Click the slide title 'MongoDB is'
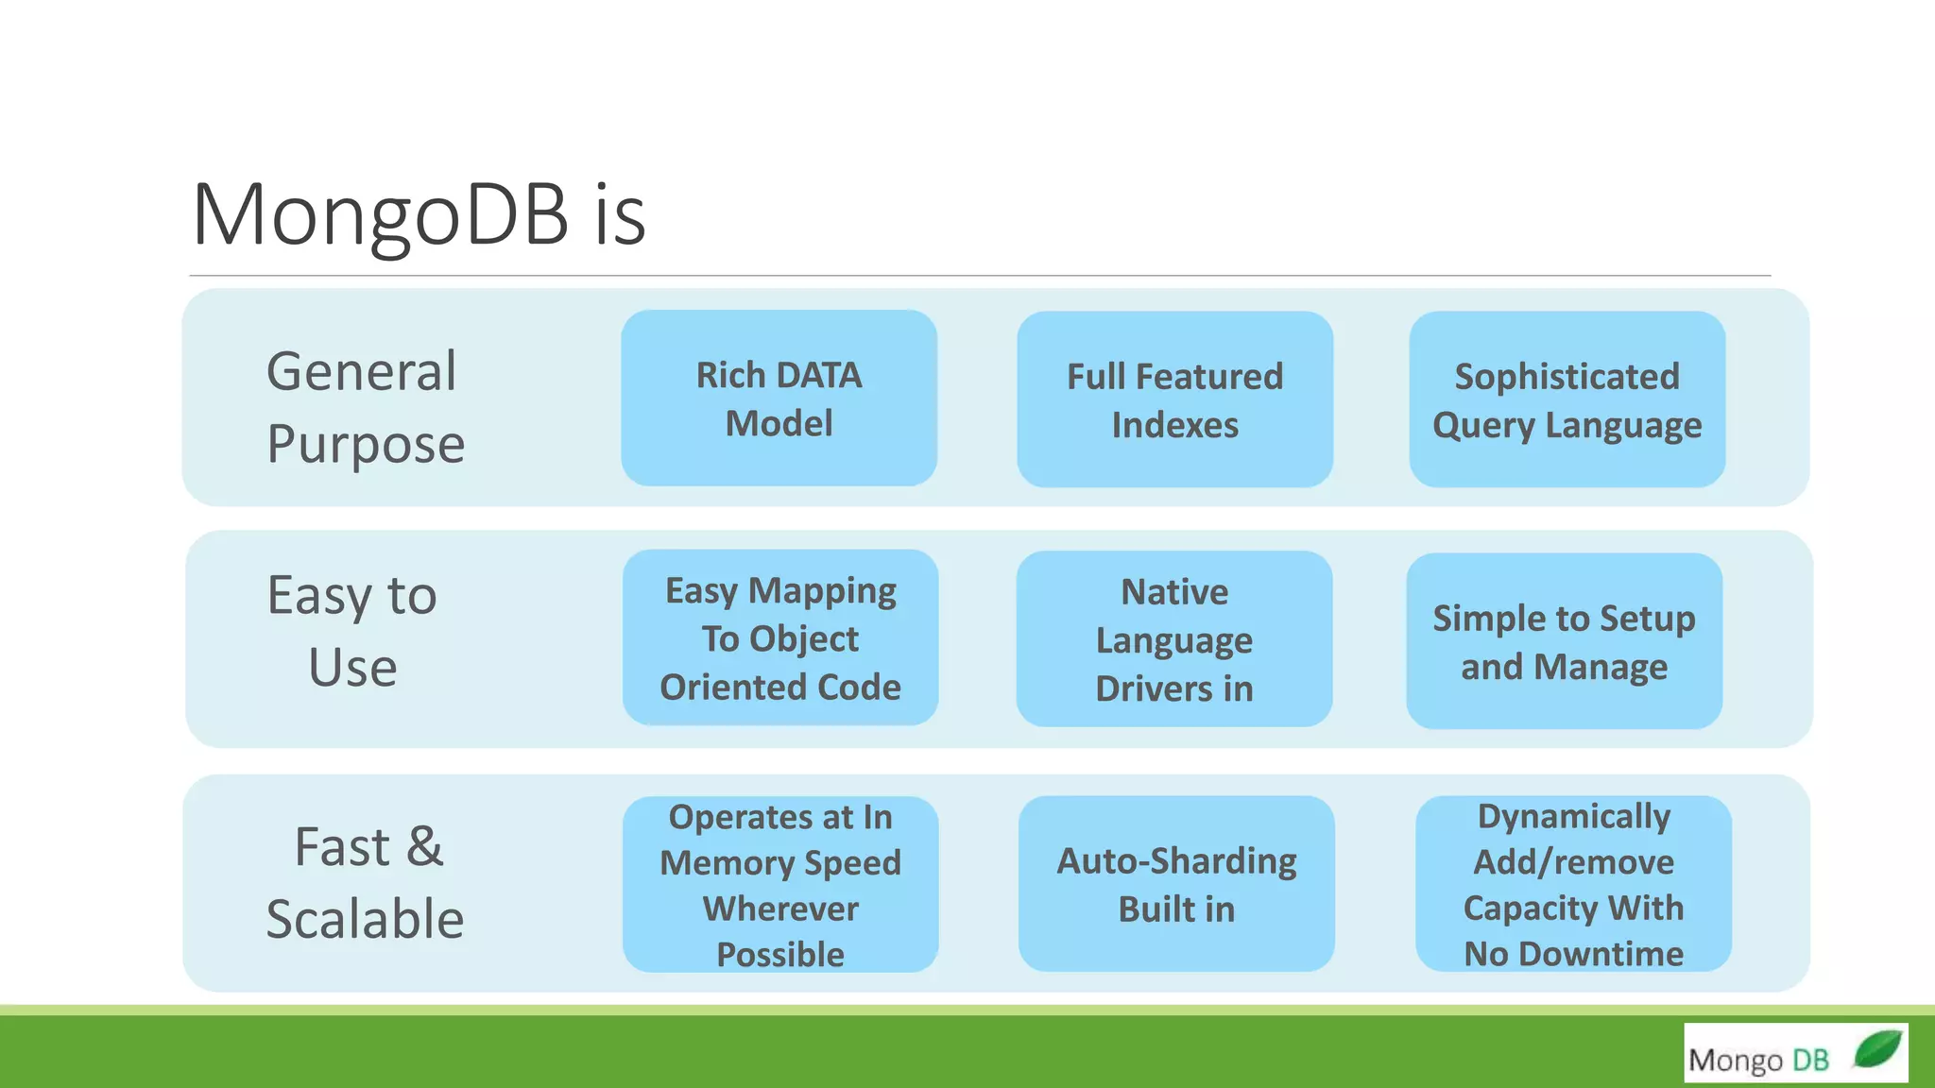pos(419,214)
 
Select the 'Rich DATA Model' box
pos(779,399)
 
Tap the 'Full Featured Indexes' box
pos(1174,399)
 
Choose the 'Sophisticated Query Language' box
pos(1567,399)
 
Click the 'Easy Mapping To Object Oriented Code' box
pos(779,638)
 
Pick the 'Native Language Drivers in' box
pos(1173,639)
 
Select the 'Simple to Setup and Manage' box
pos(1564,641)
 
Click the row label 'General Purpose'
pos(366,406)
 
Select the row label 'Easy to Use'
pos(351,630)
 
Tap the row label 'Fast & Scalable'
pos(366,882)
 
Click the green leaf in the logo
pos(1876,1048)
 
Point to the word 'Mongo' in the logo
pos(1735,1061)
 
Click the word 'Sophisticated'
pos(1567,376)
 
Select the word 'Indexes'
pos(1174,425)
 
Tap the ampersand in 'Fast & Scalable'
pos(424,846)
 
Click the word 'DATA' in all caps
pos(819,375)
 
